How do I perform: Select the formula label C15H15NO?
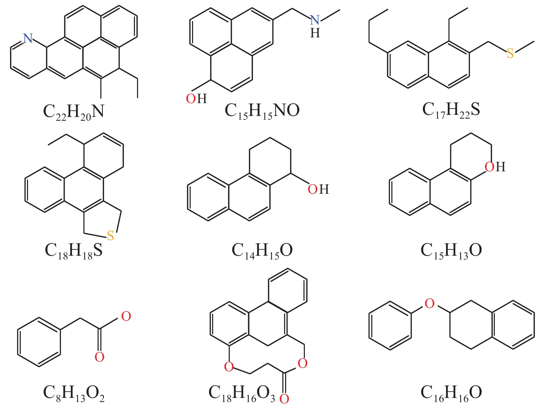point(262,111)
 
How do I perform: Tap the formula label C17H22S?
point(451,110)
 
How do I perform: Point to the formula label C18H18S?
point(74,251)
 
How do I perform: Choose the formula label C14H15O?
point(262,251)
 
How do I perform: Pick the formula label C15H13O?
point(451,251)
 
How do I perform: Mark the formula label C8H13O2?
point(73,393)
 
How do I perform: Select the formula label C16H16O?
point(451,393)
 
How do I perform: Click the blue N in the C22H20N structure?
point(28,38)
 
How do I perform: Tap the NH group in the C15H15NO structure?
point(315,26)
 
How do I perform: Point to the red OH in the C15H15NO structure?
point(196,99)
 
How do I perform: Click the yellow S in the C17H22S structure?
point(510,54)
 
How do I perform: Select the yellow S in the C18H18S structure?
point(110,236)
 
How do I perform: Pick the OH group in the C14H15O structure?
point(318,189)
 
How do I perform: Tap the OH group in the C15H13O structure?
point(494,167)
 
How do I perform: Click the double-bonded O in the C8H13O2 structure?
point(99,357)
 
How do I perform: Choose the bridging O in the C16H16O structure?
point(429,304)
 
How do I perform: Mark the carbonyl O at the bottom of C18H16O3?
point(284,399)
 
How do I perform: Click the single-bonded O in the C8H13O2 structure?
point(126,316)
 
